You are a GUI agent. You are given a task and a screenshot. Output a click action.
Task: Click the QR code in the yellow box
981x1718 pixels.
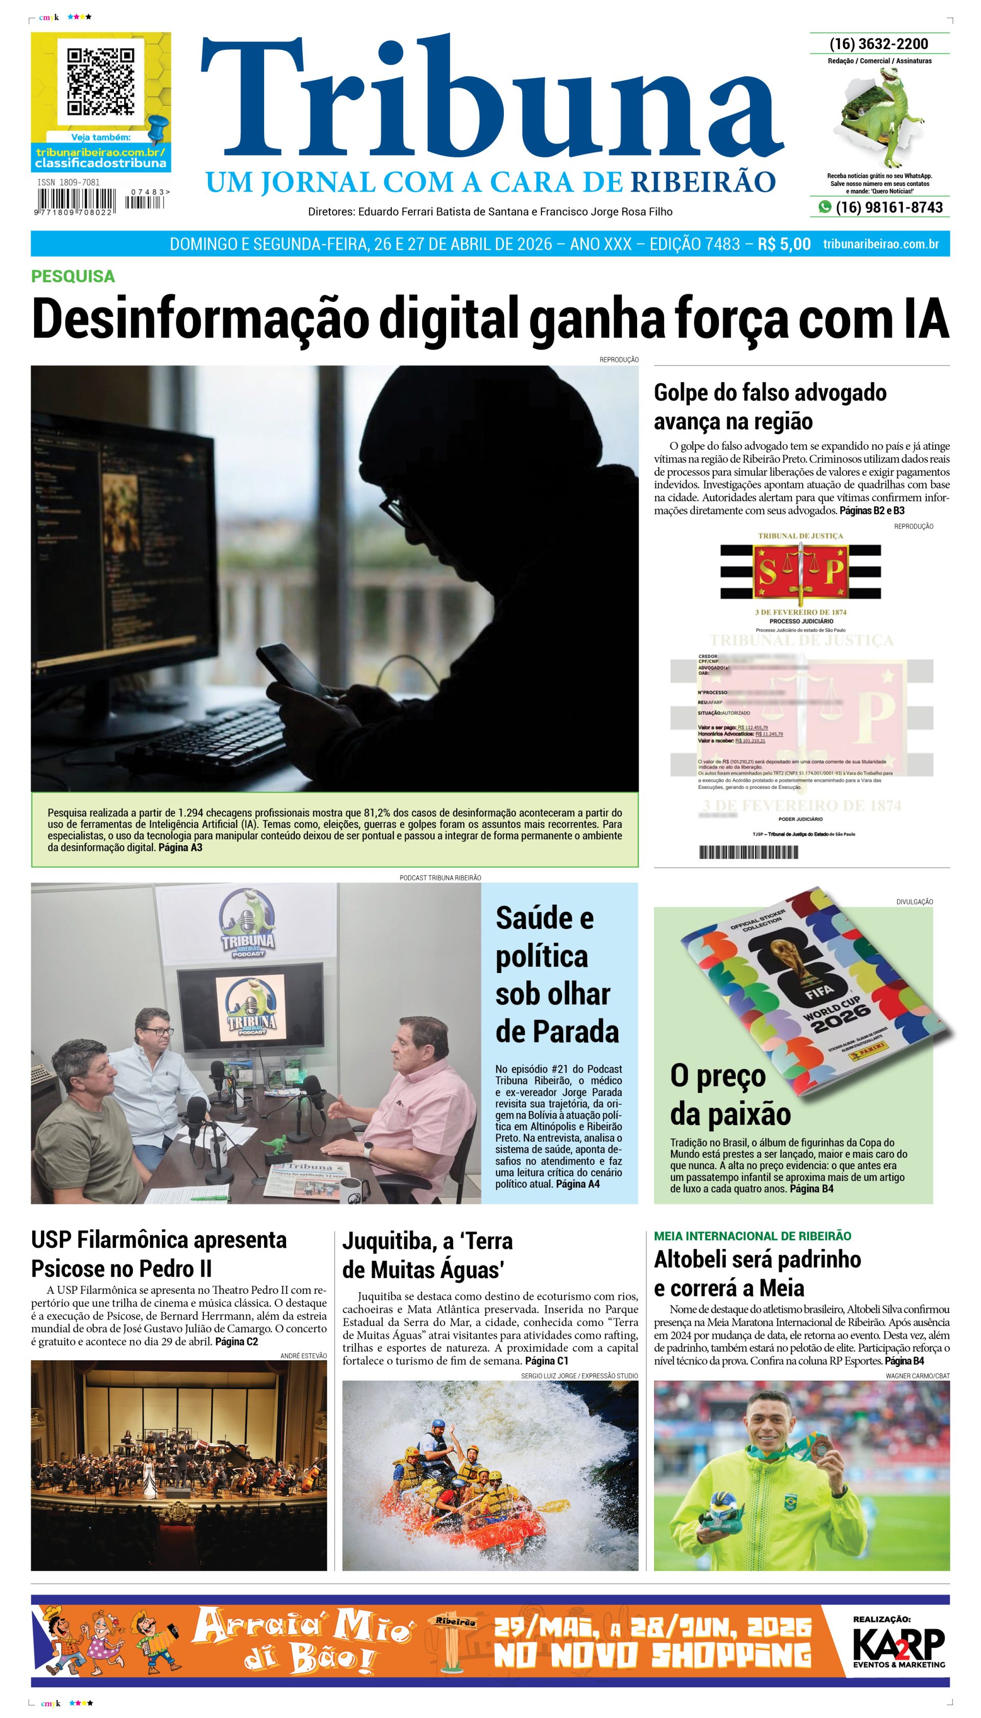pos(100,82)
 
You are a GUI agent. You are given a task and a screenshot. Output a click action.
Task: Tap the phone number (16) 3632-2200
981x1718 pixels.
pos(879,44)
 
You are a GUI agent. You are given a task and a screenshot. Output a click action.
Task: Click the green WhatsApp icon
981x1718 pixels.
pos(824,207)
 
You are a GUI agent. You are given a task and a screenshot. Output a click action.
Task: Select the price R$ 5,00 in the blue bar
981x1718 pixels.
pos(784,244)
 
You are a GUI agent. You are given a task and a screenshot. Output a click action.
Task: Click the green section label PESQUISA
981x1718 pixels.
pos(73,276)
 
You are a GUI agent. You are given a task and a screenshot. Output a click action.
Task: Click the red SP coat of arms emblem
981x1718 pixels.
pos(801,572)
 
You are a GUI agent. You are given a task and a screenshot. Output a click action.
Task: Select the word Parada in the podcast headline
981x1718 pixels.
pos(556,1032)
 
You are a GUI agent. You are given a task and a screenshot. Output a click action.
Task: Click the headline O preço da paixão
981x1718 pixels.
pos(730,1095)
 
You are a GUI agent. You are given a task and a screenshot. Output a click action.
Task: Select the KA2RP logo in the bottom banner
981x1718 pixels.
pos(898,1646)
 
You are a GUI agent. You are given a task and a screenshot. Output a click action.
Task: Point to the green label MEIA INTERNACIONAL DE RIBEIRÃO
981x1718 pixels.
pos(752,1236)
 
